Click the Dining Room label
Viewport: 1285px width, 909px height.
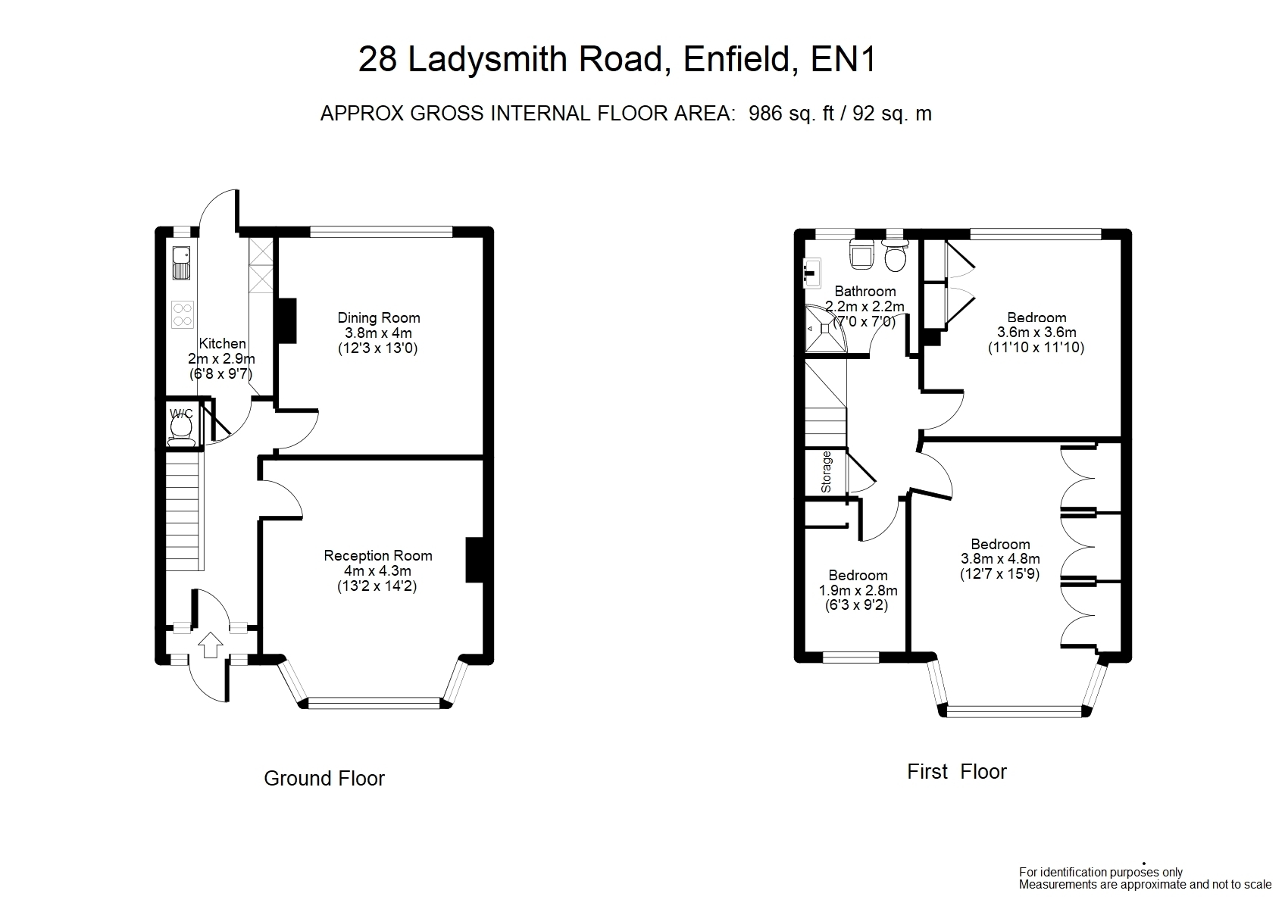coord(379,317)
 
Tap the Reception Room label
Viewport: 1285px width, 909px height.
coord(378,556)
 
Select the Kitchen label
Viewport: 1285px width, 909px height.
coord(222,344)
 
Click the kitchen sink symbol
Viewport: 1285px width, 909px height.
coord(181,264)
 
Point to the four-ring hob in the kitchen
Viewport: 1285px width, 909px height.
coord(183,315)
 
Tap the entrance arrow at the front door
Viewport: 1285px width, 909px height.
coord(211,645)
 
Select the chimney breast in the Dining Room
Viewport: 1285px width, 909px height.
coord(287,320)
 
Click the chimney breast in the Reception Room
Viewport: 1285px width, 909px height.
coord(475,560)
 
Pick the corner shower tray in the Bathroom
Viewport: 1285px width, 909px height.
coord(826,329)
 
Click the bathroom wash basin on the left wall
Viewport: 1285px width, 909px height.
coord(812,273)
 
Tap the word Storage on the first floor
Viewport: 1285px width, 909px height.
coord(826,472)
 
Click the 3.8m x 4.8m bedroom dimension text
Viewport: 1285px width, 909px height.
coord(1000,558)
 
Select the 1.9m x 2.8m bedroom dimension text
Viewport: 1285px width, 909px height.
coord(858,590)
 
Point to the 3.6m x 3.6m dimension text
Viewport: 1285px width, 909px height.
coord(1036,332)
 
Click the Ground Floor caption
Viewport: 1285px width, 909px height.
coord(324,778)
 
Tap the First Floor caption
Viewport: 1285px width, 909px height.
coord(957,771)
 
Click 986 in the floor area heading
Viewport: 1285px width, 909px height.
coord(765,113)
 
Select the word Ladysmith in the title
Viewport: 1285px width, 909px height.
coord(488,60)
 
